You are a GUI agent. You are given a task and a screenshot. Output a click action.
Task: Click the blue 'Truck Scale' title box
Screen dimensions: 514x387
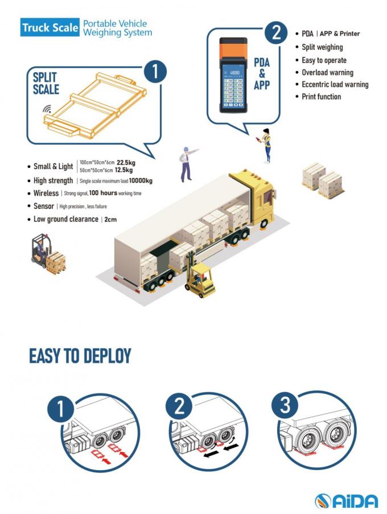click(50, 28)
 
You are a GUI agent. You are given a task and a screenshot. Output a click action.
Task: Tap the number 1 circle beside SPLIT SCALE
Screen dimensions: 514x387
click(155, 72)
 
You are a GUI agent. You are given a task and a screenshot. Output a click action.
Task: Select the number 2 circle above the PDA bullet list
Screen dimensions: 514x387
click(275, 32)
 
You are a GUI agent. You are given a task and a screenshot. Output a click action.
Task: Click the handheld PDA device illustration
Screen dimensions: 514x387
click(234, 75)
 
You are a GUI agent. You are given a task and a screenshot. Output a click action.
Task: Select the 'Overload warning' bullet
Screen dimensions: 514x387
click(327, 72)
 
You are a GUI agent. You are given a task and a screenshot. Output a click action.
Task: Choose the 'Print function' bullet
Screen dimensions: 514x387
click(321, 97)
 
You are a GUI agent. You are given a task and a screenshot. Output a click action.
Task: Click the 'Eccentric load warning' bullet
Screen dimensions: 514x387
click(335, 84)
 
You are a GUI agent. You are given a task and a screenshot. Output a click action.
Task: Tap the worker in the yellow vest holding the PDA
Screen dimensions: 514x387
click(266, 145)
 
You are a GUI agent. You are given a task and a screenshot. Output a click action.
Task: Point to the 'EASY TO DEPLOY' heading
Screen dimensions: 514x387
click(80, 356)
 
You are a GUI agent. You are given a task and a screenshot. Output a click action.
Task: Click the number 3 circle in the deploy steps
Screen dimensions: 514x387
click(286, 406)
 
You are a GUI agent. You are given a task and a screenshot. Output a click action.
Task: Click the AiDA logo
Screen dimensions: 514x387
click(346, 501)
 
